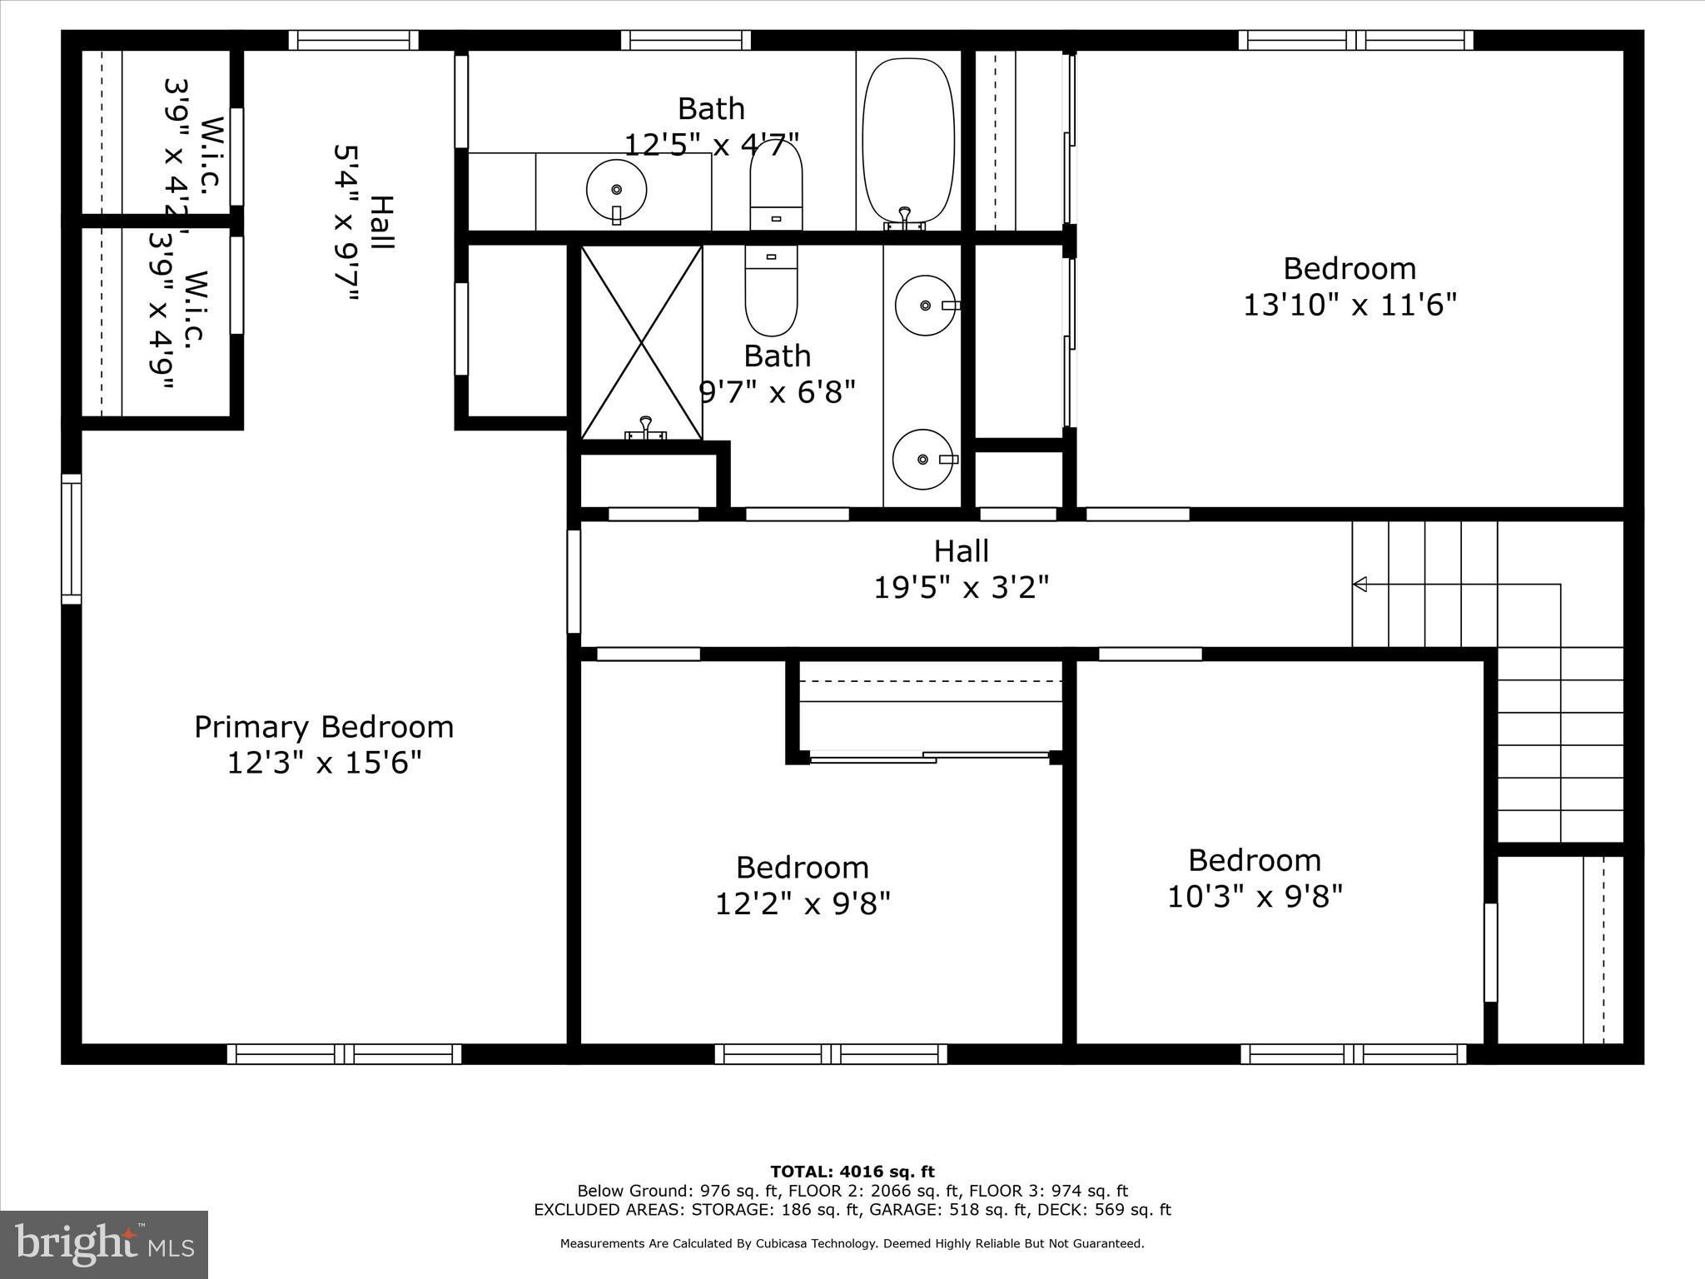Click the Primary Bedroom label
click(x=324, y=727)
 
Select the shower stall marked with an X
click(x=641, y=342)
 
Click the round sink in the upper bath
click(x=616, y=190)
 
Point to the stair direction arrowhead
click(x=1360, y=585)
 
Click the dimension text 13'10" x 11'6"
click(x=1350, y=305)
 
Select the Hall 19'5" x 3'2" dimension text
click(x=961, y=588)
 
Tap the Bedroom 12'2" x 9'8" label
click(x=802, y=868)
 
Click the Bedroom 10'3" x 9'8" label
click(x=1254, y=860)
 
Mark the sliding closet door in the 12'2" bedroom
click(x=928, y=757)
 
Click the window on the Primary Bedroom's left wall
click(x=72, y=540)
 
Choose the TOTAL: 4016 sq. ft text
click(x=852, y=1172)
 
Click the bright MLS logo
click(x=104, y=1245)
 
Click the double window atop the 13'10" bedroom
click(x=1355, y=40)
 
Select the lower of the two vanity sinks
click(x=922, y=459)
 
